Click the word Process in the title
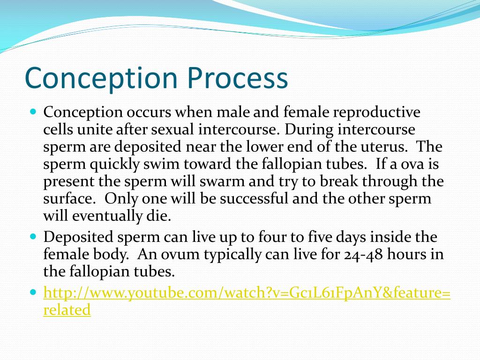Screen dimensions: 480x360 click(x=237, y=78)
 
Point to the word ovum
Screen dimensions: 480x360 click(x=180, y=255)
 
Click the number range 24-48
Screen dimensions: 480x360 click(x=363, y=255)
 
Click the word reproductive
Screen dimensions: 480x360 click(x=376, y=112)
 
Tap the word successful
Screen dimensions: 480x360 click(x=254, y=198)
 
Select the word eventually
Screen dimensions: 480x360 click(x=107, y=216)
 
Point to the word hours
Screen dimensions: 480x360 click(x=406, y=254)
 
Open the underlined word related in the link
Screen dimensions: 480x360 click(x=67, y=309)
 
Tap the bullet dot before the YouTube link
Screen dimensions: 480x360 click(x=34, y=292)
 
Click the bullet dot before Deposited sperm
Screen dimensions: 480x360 click(x=34, y=236)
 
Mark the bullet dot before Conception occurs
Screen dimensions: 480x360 click(x=34, y=111)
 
